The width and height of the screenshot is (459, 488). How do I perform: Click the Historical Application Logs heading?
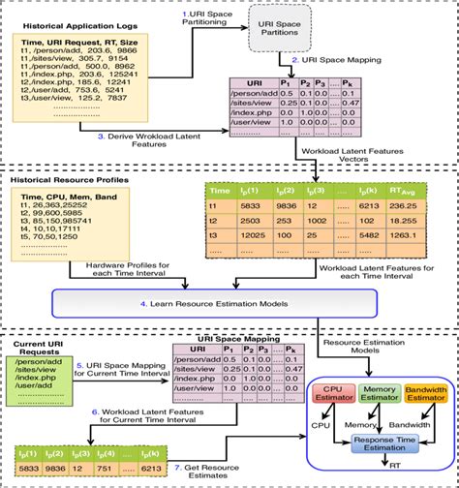coord(71,22)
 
